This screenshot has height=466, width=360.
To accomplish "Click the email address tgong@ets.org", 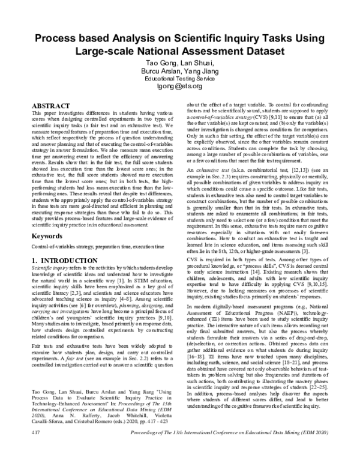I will [180, 86].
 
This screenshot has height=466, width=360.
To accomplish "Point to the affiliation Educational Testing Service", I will [180, 78].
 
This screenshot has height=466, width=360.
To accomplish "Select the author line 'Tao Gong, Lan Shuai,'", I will [180, 62].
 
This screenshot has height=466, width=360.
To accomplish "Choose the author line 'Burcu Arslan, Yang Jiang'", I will [180, 70].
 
